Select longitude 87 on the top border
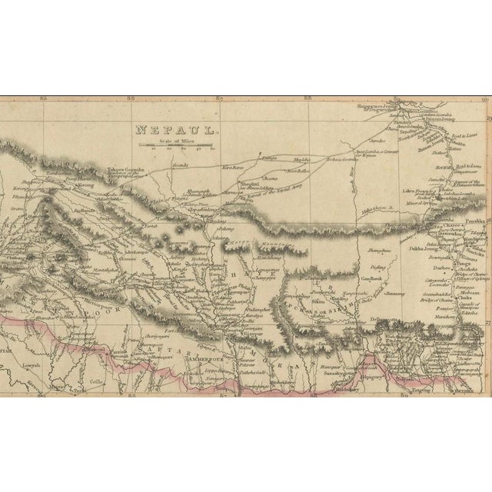click(x=221, y=98)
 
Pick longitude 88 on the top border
click(x=308, y=98)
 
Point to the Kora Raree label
click(x=231, y=165)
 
